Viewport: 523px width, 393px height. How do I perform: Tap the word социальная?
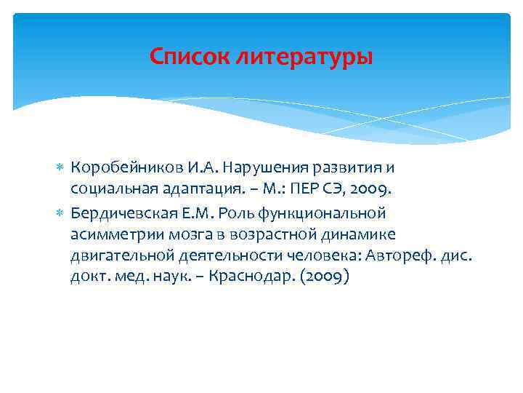(106, 190)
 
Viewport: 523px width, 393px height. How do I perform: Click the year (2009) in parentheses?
(325, 279)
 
